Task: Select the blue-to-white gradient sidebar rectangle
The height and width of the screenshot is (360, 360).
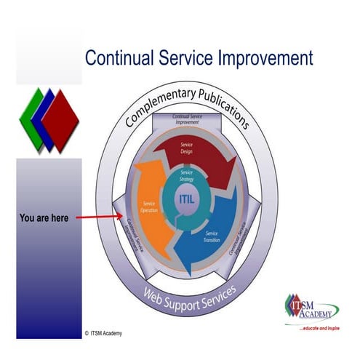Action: click(x=49, y=247)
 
